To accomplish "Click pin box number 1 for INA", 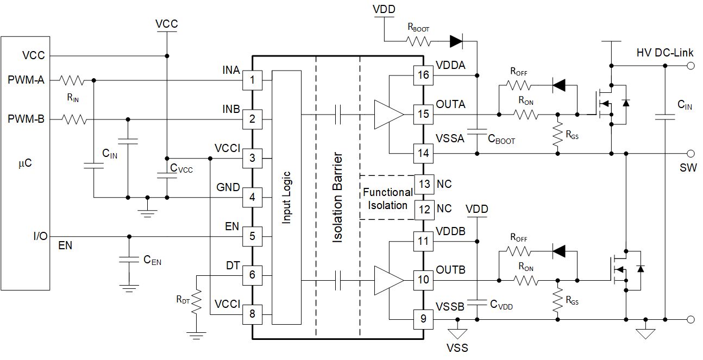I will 252,80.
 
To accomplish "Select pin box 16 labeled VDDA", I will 423,75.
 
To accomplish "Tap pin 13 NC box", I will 423,184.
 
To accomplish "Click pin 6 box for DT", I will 252,275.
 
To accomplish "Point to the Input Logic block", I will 286,198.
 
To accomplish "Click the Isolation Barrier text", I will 338,198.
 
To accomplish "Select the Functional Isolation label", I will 387,199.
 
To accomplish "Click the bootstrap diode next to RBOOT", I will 456,40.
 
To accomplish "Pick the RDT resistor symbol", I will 196,299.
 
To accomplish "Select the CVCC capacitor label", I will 181,169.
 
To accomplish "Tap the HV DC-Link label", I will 665,53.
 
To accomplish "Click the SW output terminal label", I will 688,168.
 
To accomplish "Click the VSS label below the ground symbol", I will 457,348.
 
